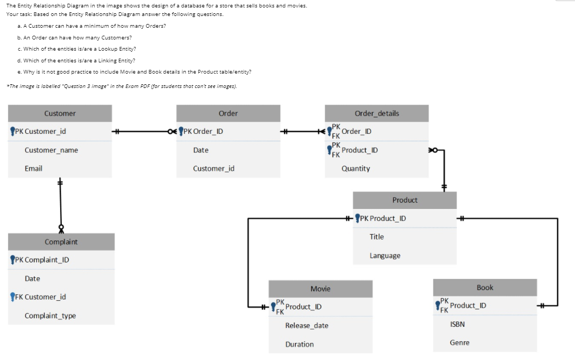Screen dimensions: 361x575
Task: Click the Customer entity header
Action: coord(60,114)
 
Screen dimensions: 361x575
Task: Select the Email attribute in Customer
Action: coord(34,169)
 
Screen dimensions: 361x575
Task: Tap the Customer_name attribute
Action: coord(51,150)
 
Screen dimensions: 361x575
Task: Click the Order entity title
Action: coord(228,114)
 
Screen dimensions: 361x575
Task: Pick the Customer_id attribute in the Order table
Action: coord(213,169)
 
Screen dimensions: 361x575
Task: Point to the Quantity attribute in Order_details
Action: coord(355,169)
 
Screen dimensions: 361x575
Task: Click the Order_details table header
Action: coord(376,114)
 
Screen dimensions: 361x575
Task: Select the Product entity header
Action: coord(404,200)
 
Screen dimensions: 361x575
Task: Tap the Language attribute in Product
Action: coord(385,256)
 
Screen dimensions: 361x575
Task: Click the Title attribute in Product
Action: coord(376,237)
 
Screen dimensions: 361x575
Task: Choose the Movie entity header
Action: coord(320,289)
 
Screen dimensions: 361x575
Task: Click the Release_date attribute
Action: coord(306,326)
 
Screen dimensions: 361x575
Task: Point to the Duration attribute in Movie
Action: coord(299,344)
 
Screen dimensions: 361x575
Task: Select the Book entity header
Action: coord(484,288)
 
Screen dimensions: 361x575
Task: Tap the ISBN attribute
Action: coord(457,324)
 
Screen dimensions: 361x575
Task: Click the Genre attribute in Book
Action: coord(459,343)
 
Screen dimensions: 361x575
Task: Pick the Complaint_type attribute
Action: coord(50,316)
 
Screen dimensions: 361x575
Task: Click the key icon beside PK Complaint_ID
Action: coord(12,260)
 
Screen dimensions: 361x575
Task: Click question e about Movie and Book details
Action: coord(134,71)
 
